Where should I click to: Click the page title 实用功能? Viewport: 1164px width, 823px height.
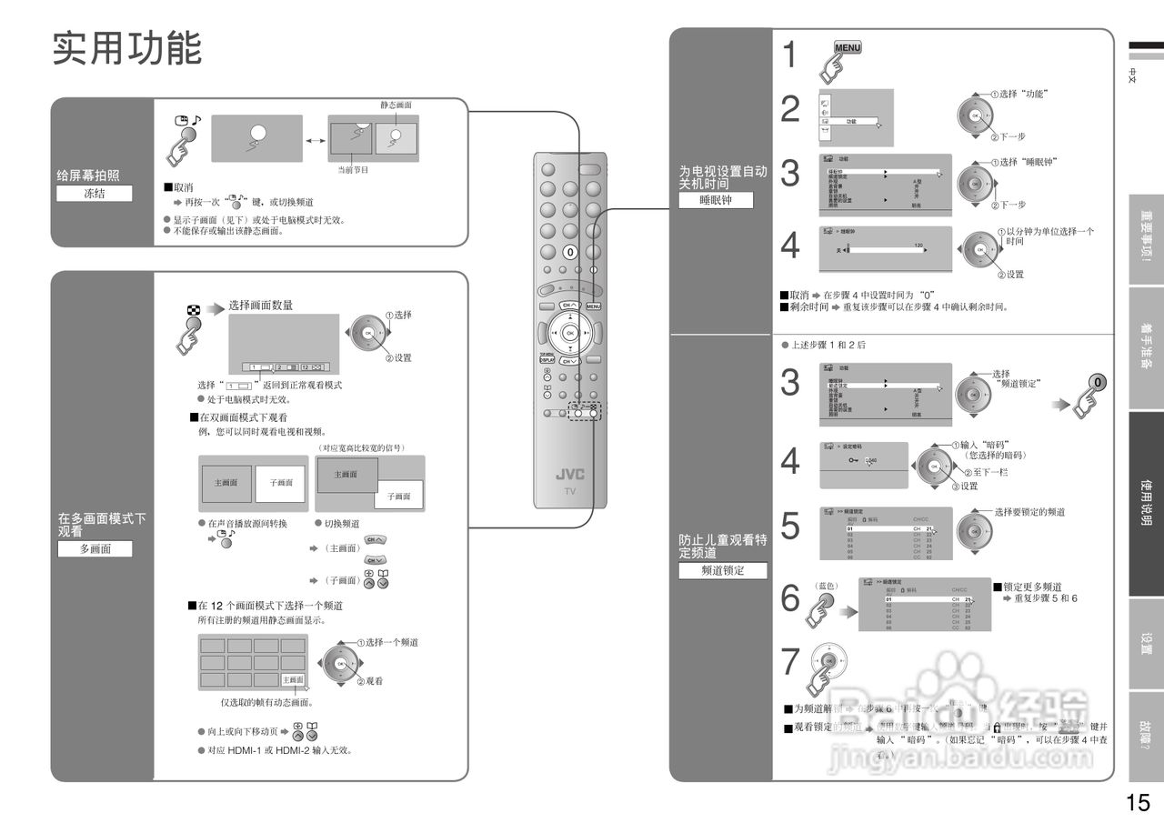coord(127,48)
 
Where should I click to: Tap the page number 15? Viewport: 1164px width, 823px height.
coord(1138,803)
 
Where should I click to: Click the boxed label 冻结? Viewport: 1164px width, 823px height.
coord(94,193)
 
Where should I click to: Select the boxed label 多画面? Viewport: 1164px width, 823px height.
coord(94,548)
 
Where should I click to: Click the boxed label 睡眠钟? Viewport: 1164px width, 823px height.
coord(716,201)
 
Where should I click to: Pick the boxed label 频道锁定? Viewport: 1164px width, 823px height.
coord(723,571)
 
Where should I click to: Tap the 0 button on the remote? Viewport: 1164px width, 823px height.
coord(570,251)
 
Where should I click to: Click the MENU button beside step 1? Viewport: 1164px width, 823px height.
coord(848,49)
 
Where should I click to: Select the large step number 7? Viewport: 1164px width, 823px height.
coord(790,662)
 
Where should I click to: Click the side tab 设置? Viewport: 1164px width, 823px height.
coord(1146,643)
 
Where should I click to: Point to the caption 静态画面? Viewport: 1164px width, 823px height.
coord(396,105)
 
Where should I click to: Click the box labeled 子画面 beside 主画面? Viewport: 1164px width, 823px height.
coord(280,483)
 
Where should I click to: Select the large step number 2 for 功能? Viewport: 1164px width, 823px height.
coord(790,111)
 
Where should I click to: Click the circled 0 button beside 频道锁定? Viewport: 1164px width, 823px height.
coord(1099,383)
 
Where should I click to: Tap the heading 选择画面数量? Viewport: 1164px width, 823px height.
coord(261,306)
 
